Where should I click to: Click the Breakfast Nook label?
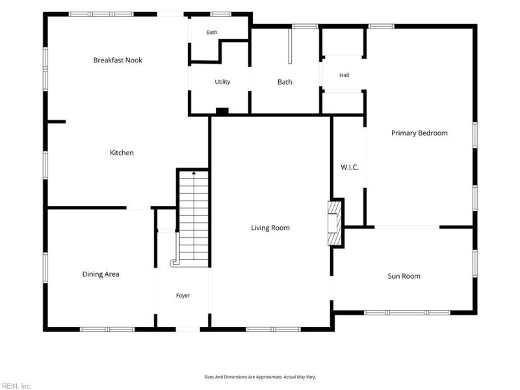click(118, 60)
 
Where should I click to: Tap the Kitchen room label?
click(122, 153)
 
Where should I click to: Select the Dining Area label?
click(101, 274)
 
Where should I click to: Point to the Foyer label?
click(183, 296)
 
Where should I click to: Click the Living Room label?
click(270, 228)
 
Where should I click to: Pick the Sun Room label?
click(404, 276)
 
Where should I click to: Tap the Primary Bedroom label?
click(419, 133)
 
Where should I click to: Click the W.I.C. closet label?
click(350, 167)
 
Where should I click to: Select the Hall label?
click(344, 75)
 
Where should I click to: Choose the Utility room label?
click(222, 82)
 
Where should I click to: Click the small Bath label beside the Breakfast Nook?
click(212, 32)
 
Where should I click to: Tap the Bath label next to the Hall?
click(285, 82)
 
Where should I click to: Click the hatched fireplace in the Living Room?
click(335, 223)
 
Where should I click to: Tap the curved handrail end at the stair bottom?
click(174, 263)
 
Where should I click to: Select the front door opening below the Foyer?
click(188, 330)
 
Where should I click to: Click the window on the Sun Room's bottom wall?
click(408, 313)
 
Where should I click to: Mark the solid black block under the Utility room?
click(222, 111)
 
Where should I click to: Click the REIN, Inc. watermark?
click(16, 386)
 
